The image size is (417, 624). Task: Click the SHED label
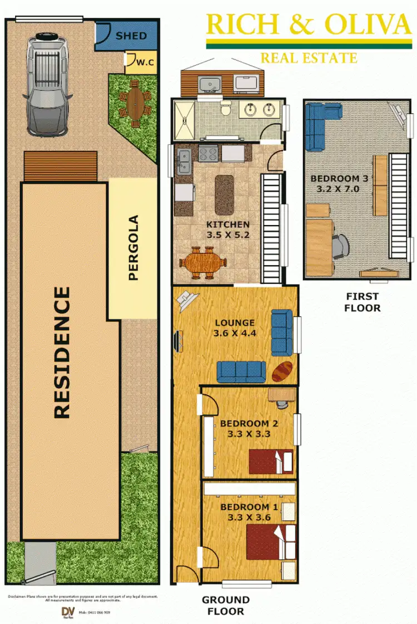(x=131, y=36)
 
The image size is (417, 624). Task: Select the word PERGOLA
(x=133, y=247)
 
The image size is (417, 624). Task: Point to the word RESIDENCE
(x=62, y=352)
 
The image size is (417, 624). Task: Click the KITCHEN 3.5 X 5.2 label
(x=228, y=229)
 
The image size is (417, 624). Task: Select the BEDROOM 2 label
(x=249, y=428)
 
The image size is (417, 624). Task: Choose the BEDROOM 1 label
(x=248, y=512)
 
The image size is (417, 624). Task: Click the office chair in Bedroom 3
(x=341, y=244)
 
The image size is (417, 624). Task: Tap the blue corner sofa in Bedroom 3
(x=320, y=125)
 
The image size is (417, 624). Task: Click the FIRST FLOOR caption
(x=362, y=302)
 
